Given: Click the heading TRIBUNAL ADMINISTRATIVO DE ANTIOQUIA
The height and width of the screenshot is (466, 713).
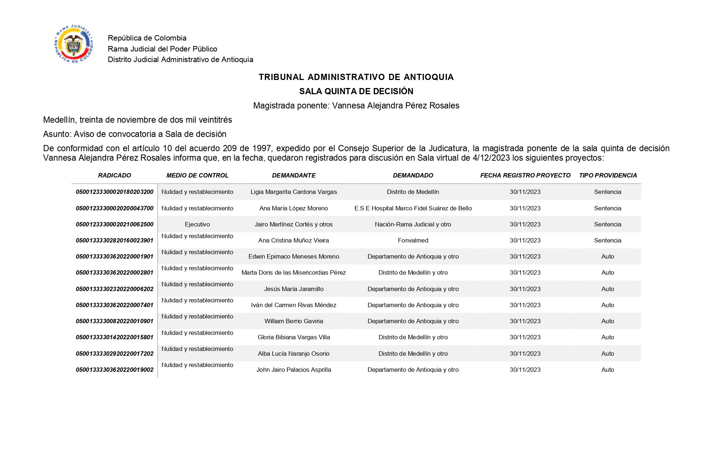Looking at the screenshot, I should pyautogui.click(x=356, y=77).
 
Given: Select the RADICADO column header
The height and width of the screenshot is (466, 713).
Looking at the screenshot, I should pyautogui.click(x=114, y=175).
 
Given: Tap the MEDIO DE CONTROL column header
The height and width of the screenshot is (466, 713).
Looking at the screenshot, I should pyautogui.click(x=197, y=175).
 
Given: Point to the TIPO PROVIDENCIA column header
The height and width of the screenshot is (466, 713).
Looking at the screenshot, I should pyautogui.click(x=608, y=175).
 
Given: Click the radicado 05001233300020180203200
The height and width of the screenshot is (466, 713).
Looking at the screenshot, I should pyautogui.click(x=114, y=192).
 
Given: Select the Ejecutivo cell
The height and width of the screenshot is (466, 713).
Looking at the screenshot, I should pyautogui.click(x=197, y=224).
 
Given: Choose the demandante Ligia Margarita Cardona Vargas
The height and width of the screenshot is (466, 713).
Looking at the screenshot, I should pyautogui.click(x=293, y=192).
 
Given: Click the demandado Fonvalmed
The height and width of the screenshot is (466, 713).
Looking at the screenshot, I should pyautogui.click(x=413, y=240).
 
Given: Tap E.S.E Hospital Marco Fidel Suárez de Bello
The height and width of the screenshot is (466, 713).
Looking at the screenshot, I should pyautogui.click(x=413, y=208).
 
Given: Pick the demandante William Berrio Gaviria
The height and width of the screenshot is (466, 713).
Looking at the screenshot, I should pyautogui.click(x=293, y=321).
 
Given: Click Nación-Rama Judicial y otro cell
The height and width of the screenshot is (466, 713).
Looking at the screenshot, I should pyautogui.click(x=413, y=224).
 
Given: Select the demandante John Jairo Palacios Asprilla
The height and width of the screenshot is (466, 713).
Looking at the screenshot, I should pyautogui.click(x=293, y=370).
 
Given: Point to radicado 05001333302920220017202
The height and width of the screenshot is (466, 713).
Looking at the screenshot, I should pyautogui.click(x=114, y=354).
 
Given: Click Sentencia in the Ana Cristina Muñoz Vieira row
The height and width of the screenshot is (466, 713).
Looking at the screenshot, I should pyautogui.click(x=607, y=240).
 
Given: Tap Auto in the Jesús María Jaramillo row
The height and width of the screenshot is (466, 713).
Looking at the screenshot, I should pyautogui.click(x=607, y=289).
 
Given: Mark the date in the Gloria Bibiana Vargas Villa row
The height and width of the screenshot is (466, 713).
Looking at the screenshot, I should pyautogui.click(x=525, y=337).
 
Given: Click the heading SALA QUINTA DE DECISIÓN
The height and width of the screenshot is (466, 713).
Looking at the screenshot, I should pyautogui.click(x=356, y=91).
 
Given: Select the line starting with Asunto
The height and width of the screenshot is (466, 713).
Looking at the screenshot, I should pyautogui.click(x=134, y=134).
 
